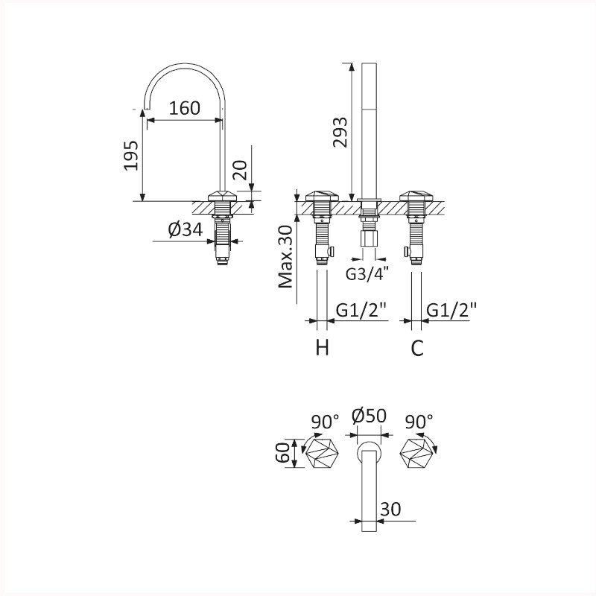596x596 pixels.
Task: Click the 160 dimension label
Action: (x=184, y=108)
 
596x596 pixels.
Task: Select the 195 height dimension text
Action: (x=131, y=156)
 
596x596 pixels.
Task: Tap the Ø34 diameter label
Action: (x=186, y=229)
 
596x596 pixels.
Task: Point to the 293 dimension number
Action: (x=340, y=133)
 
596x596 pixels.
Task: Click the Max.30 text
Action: (x=285, y=257)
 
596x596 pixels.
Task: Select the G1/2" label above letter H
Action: (x=361, y=310)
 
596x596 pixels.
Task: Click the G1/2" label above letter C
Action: (x=451, y=310)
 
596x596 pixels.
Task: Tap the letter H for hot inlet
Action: (x=323, y=347)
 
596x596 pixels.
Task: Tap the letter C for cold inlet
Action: (x=417, y=347)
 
